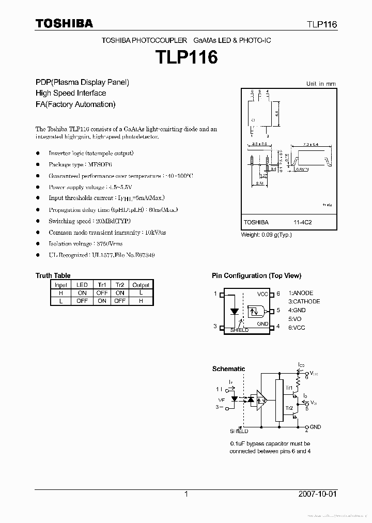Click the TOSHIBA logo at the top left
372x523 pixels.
coord(64,23)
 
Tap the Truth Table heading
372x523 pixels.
coord(53,275)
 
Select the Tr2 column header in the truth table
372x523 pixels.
coord(120,285)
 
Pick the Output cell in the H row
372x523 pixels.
coord(141,293)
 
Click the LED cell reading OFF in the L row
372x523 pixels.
coord(82,301)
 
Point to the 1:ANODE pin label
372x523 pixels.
coord(301,293)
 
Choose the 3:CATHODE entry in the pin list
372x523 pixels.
coord(304,301)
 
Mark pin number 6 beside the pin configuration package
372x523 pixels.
coord(278,294)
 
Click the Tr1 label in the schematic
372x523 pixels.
coord(289,388)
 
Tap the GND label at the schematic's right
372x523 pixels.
coord(315,427)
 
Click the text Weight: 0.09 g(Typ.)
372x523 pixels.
coord(267,235)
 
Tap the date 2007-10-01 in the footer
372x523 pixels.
coord(317,494)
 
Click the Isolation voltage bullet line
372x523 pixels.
coord(86,243)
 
